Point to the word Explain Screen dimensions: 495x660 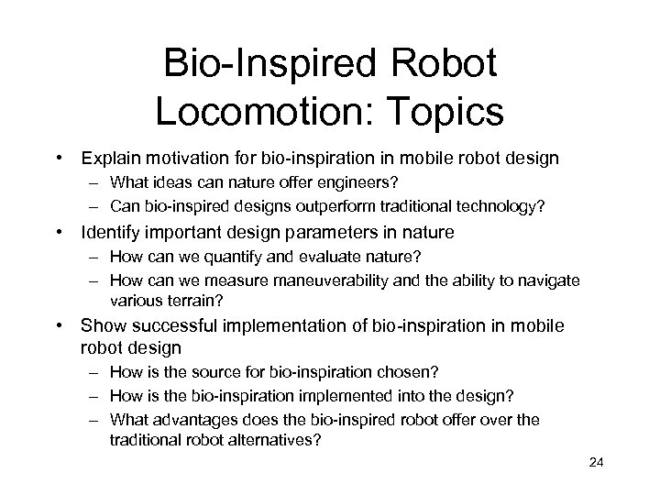(x=111, y=159)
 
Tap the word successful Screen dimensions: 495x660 (x=173, y=326)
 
